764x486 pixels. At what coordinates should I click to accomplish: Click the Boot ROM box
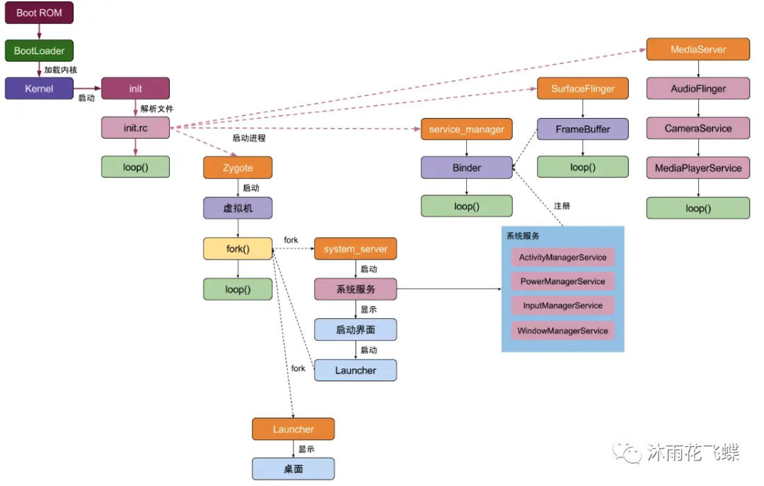(x=39, y=13)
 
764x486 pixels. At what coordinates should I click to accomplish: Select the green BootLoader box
(x=39, y=51)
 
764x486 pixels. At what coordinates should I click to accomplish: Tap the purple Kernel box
(x=39, y=89)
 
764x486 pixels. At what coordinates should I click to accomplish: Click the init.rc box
(x=136, y=128)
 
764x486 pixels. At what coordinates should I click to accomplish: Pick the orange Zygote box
(x=238, y=168)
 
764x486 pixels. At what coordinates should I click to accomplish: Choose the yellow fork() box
(x=238, y=249)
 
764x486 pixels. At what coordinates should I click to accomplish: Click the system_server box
(x=356, y=249)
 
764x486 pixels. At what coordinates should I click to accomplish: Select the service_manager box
(x=466, y=129)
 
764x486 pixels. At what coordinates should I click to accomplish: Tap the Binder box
(x=466, y=168)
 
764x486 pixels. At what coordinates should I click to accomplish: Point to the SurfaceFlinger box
(x=583, y=89)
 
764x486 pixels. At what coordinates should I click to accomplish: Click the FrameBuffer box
(x=583, y=129)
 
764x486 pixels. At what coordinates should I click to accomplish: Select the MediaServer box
(x=698, y=50)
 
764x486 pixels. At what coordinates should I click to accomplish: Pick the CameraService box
(x=698, y=128)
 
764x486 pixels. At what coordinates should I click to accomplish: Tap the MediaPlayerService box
(x=698, y=168)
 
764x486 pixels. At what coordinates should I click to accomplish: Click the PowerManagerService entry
(x=562, y=282)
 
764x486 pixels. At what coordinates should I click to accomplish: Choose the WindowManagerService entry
(x=562, y=330)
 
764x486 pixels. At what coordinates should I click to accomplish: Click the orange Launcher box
(x=293, y=429)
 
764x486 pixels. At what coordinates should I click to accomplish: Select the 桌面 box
(x=293, y=469)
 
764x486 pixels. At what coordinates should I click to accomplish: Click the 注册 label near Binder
(x=562, y=206)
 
